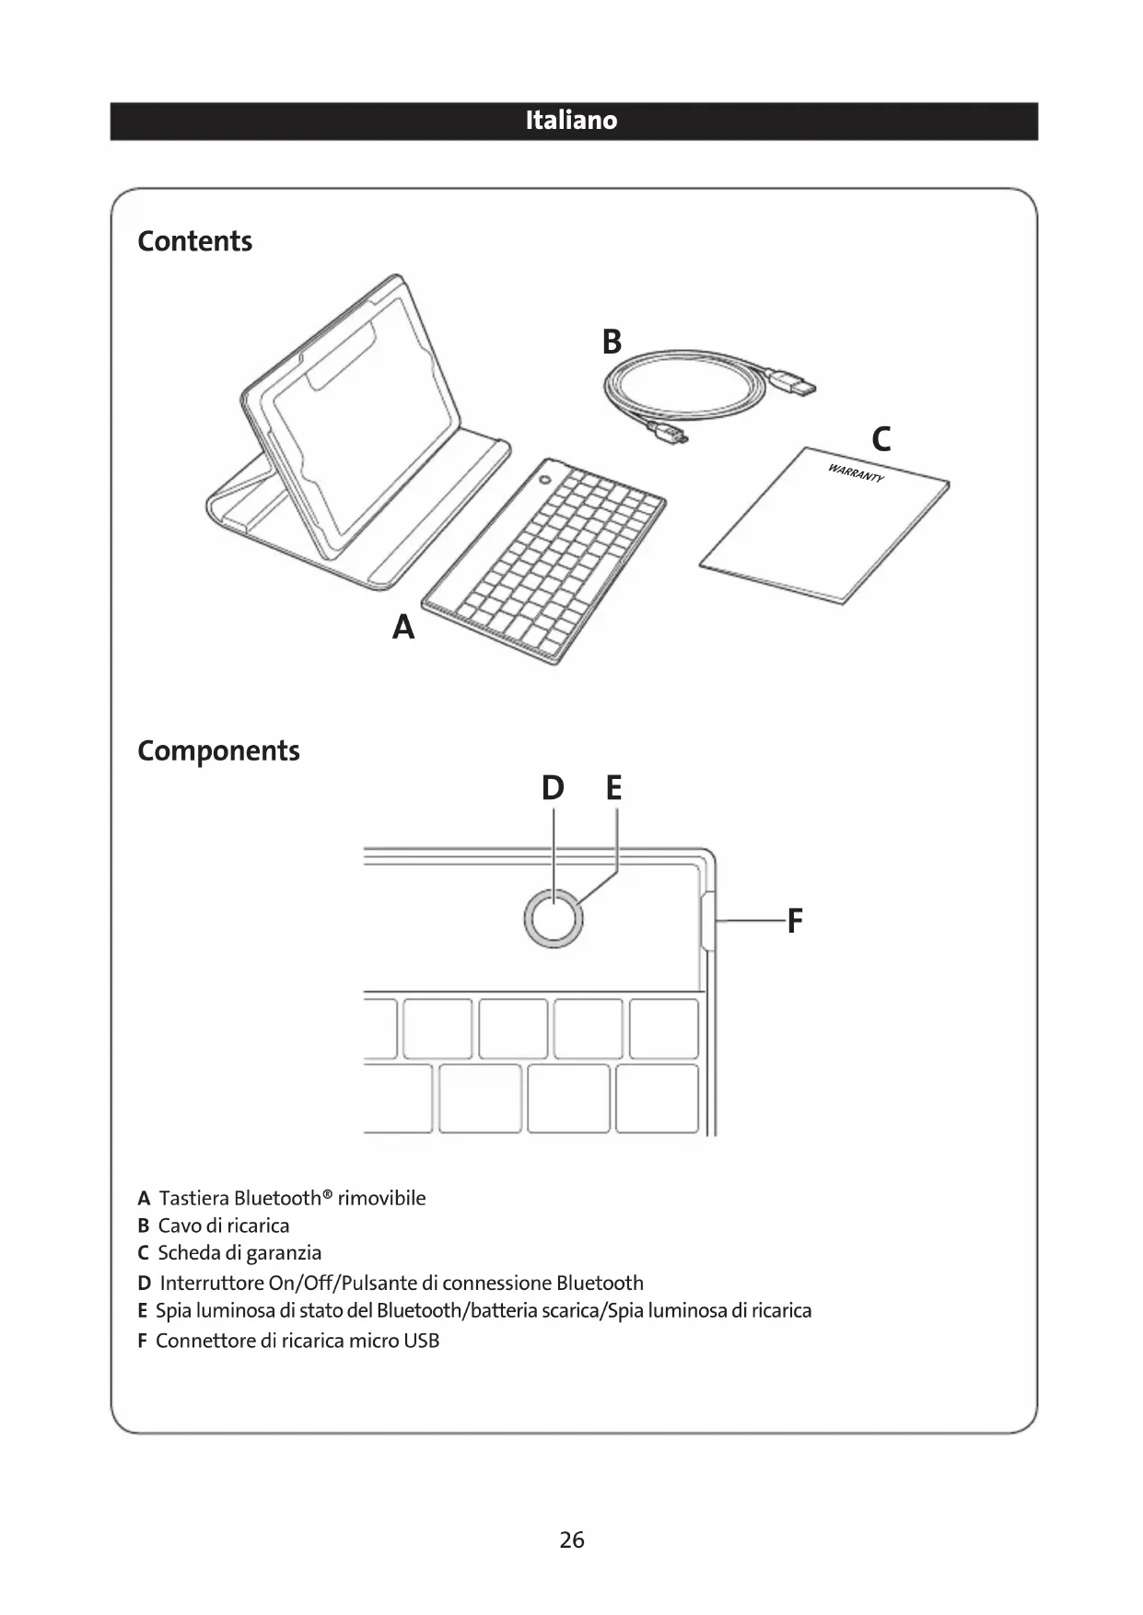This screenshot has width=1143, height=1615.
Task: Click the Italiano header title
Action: [x=571, y=121]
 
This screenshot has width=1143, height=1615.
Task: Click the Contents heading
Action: [x=194, y=241]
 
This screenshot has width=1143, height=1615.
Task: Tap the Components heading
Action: [x=218, y=750]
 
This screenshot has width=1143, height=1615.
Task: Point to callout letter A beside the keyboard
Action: [x=403, y=627]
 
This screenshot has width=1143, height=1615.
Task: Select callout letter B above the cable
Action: [x=612, y=342]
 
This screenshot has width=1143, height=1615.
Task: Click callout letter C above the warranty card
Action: [x=881, y=439]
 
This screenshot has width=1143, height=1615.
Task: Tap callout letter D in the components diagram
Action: [x=553, y=788]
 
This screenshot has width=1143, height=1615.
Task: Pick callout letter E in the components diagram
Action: [x=614, y=788]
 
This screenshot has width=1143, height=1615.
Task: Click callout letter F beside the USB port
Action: [x=795, y=920]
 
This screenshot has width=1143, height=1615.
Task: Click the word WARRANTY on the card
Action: [x=856, y=473]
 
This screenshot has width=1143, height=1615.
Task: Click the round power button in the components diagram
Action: [x=554, y=919]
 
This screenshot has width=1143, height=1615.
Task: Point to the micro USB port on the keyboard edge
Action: [x=706, y=920]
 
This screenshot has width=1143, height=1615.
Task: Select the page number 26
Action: [x=572, y=1539]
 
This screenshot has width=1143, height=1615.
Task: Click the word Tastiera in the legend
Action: [x=193, y=1198]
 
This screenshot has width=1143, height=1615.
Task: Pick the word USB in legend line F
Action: [x=421, y=1341]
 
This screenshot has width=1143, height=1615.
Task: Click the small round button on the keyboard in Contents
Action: [x=545, y=481]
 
